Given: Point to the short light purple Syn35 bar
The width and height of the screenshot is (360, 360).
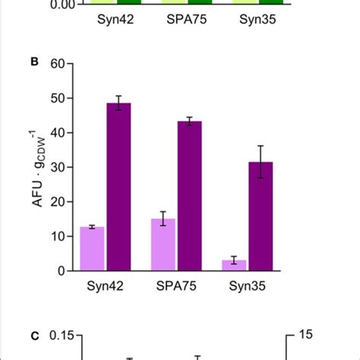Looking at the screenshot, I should click(x=235, y=265).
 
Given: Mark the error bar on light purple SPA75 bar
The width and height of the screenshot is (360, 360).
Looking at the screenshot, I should click(x=164, y=219).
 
